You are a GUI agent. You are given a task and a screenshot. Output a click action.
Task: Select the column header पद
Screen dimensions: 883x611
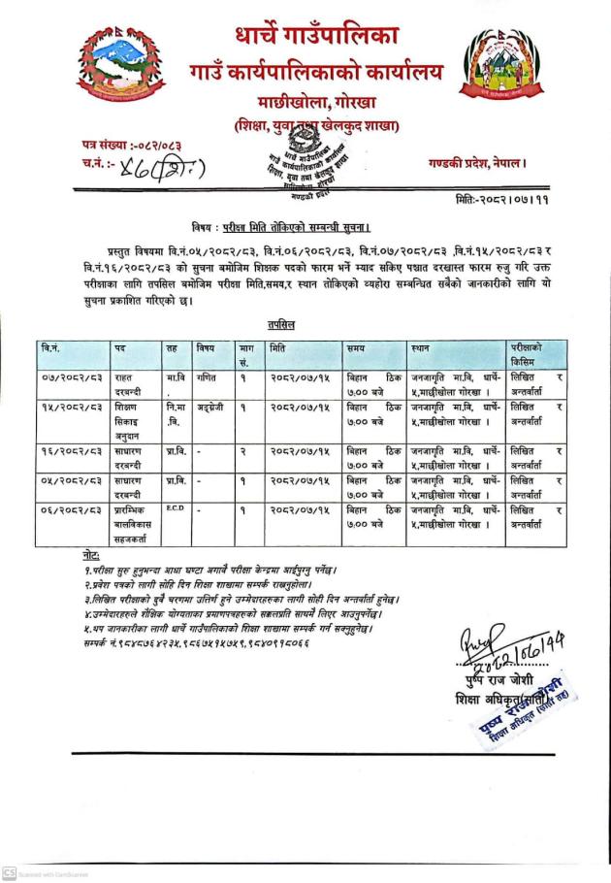(119, 346)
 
